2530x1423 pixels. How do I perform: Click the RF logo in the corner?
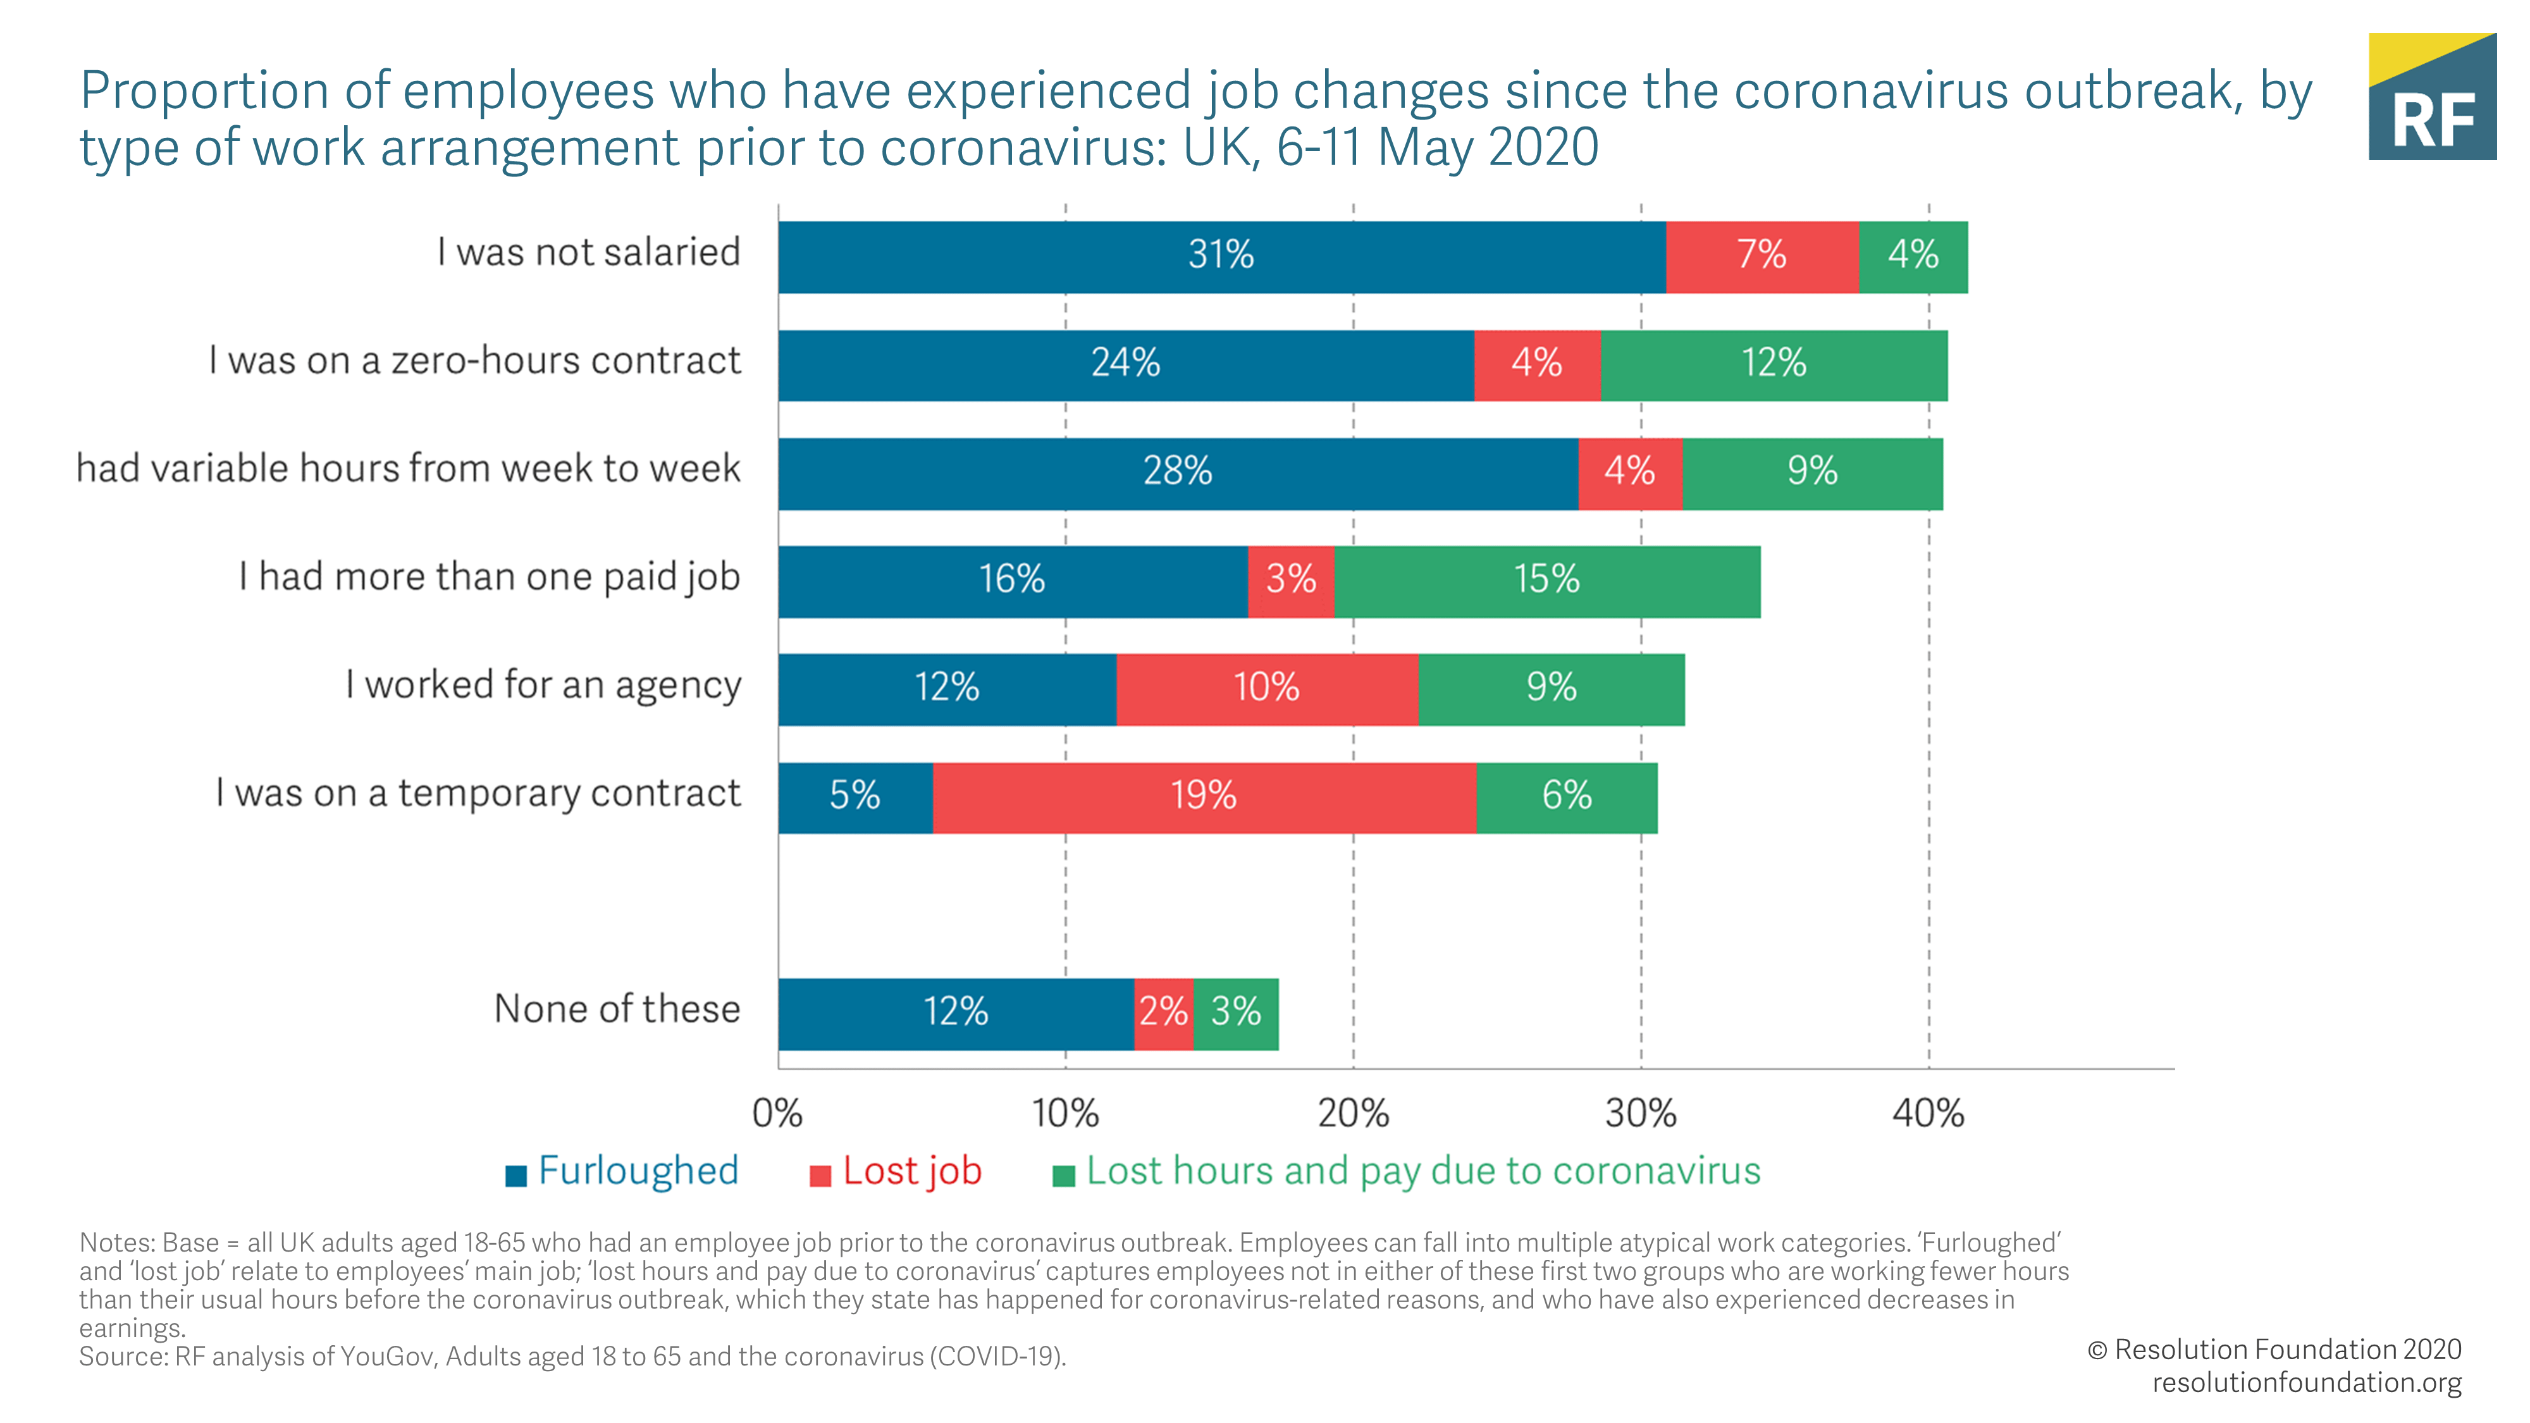point(2432,97)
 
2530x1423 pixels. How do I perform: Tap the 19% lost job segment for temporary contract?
point(1204,796)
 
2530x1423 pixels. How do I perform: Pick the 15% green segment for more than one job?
point(1547,581)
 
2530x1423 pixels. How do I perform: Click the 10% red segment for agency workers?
point(1267,689)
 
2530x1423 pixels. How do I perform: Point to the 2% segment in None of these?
point(1164,1013)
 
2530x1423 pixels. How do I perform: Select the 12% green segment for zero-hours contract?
point(1774,364)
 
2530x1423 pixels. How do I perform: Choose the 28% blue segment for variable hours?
point(1178,472)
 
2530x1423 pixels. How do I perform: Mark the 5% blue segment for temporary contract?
point(855,796)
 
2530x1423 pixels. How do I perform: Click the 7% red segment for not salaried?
point(1762,256)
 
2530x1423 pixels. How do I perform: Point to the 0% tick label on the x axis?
point(777,1114)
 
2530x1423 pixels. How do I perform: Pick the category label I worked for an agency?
point(543,686)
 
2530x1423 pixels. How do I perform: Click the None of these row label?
point(617,1009)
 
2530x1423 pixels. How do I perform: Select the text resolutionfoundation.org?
point(2306,1383)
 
